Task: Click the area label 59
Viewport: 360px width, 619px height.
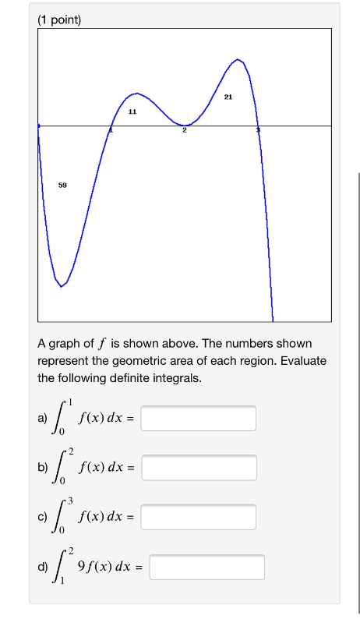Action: pos(62,186)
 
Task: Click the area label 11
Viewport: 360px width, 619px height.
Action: pos(132,112)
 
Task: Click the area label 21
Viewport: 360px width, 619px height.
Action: pos(228,97)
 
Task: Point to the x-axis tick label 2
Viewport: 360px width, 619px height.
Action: pos(185,131)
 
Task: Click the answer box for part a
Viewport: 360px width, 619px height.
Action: pos(199,419)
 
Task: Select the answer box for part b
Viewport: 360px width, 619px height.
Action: pos(199,468)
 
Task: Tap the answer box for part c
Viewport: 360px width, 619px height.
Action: pos(199,517)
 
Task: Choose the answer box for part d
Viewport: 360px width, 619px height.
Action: pos(206,567)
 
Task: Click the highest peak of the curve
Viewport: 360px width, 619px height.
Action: pos(239,59)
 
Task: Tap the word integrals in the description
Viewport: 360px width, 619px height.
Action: pos(173,378)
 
